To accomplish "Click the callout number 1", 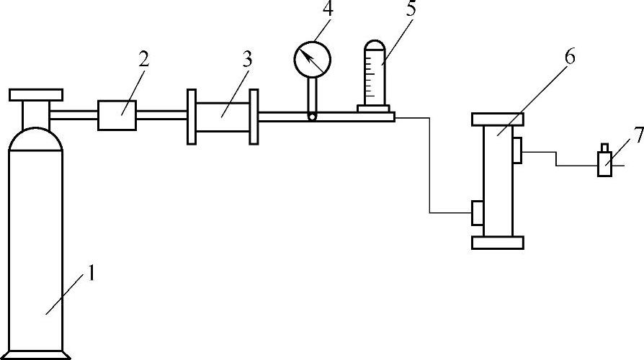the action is tap(91, 274).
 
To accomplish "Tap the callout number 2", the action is tap(143, 59).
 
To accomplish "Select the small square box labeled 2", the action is tap(117, 115).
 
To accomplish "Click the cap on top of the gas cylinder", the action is tap(36, 94).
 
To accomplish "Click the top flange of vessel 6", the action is tap(497, 120).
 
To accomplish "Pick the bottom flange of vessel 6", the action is tap(497, 243).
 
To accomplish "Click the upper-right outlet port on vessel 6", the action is tap(518, 150).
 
